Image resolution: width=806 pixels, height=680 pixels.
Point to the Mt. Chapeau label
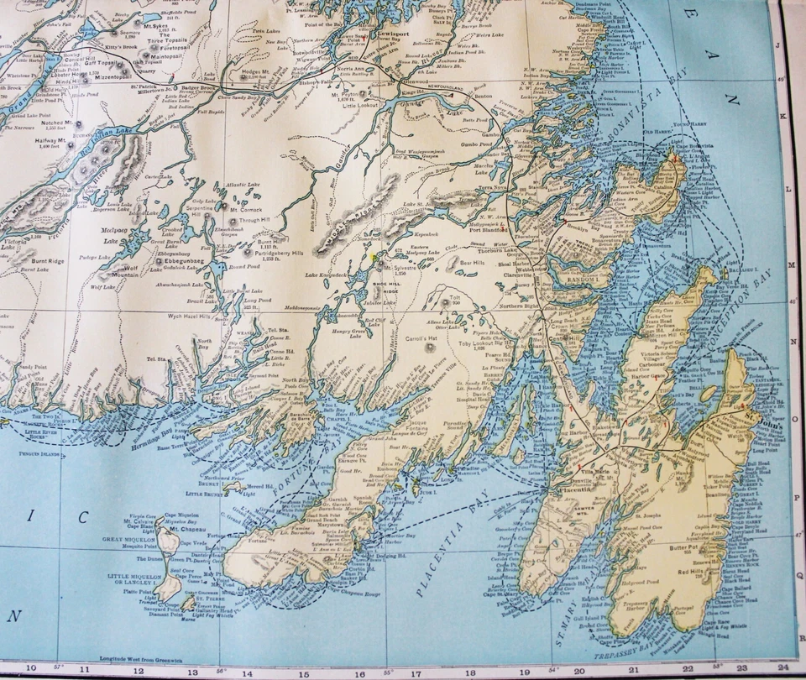[x=188, y=530]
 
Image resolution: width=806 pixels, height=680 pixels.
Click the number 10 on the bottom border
[x=31, y=668]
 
